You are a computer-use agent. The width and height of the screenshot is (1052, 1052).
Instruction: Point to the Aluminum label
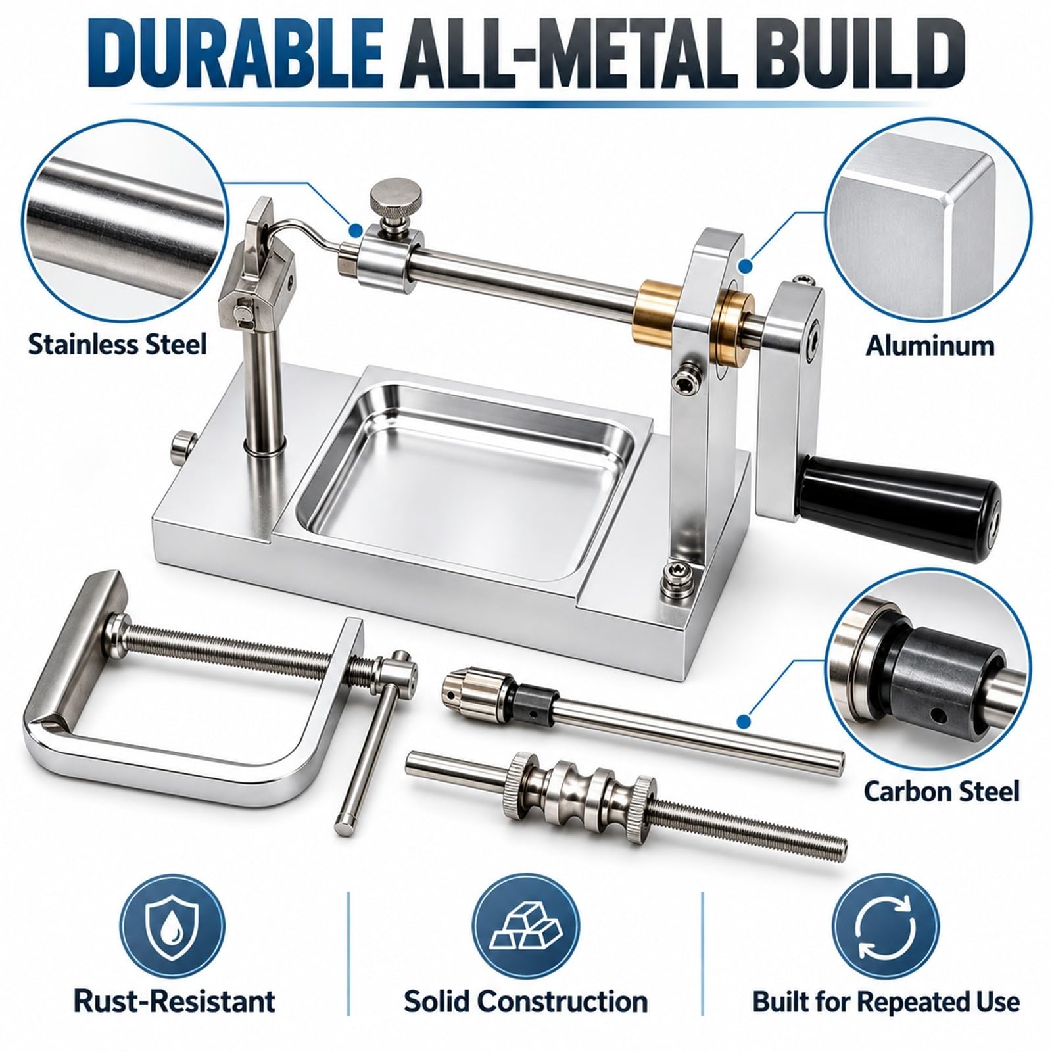tap(929, 345)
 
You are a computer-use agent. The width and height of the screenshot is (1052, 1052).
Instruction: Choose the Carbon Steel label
tap(941, 790)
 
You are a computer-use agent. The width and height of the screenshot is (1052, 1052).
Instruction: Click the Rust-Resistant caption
tap(174, 1002)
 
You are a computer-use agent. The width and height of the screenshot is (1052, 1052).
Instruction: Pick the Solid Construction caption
tap(525, 1002)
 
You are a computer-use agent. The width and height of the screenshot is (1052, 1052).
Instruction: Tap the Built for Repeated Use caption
tap(886, 1002)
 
